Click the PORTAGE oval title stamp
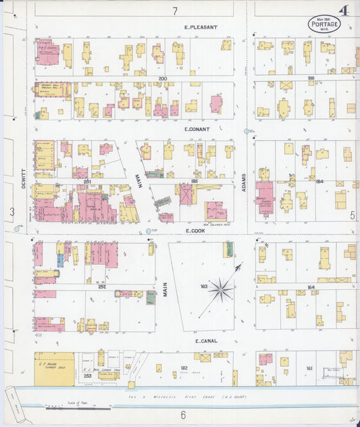[324, 24]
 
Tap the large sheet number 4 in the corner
[344, 11]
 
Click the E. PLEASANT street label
[201, 27]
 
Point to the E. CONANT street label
[197, 128]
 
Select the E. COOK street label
[196, 230]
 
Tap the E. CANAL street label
[205, 341]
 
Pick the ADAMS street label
[244, 181]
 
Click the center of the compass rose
[221, 291]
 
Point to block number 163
[203, 286]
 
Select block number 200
[162, 79]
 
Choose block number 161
[309, 368]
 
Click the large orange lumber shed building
[54, 369]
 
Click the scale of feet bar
[78, 407]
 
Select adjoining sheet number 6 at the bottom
[182, 414]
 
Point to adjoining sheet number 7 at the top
[174, 11]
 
